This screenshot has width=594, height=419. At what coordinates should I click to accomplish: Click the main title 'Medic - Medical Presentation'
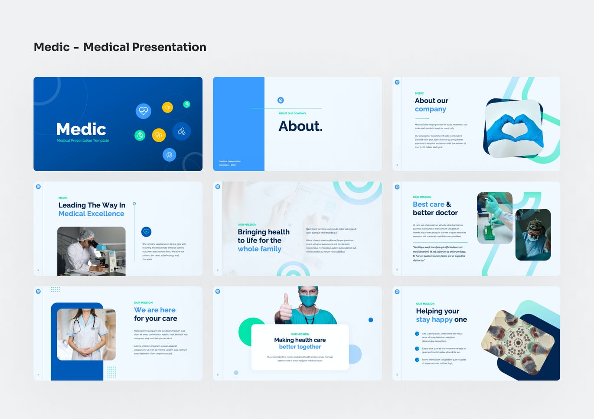120,47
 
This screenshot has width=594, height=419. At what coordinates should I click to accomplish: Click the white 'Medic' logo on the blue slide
81,129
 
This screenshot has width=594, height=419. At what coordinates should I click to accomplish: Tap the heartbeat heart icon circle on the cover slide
143,111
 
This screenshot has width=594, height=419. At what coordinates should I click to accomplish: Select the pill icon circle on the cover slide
181,131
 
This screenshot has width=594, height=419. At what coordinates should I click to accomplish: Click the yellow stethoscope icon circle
159,135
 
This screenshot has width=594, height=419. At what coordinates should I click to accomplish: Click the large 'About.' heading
300,126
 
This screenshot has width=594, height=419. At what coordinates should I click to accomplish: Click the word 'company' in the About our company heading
430,109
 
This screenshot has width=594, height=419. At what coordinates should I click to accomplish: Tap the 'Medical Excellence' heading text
91,214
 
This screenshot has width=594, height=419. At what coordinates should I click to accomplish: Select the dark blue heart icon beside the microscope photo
146,232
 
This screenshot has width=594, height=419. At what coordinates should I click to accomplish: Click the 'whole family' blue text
259,249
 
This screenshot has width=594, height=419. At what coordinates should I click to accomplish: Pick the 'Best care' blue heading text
428,204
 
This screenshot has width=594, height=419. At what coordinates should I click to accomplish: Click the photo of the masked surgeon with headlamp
533,234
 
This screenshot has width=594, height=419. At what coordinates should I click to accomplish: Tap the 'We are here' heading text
155,310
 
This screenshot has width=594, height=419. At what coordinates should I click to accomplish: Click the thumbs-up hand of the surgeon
285,308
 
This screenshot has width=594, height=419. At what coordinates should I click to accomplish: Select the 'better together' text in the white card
300,347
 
